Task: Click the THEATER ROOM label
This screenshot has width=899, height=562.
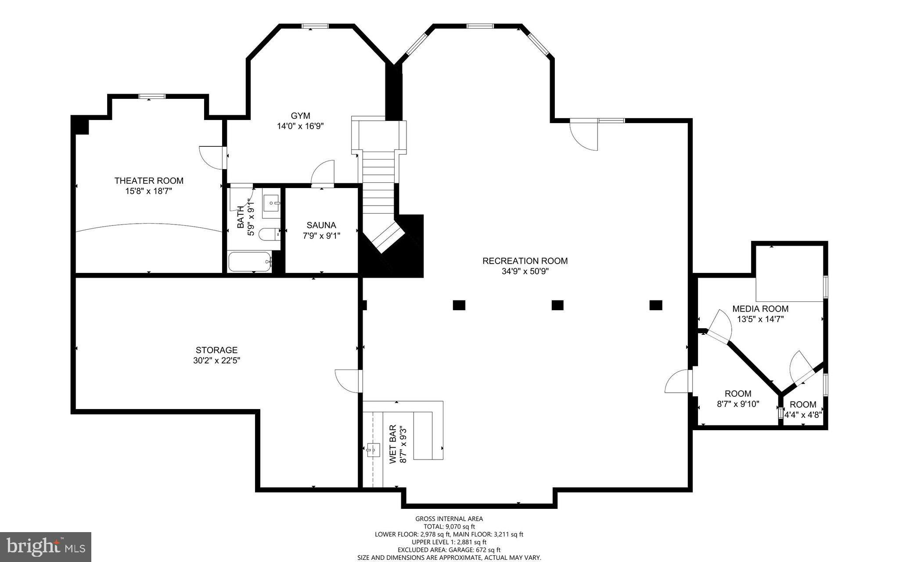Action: tap(149, 181)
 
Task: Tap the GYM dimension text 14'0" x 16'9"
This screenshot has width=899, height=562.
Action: tap(300, 126)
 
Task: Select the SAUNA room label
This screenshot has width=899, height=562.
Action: tap(321, 225)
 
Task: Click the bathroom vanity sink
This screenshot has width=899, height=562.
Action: tap(272, 203)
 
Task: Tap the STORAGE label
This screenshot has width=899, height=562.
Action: tap(216, 350)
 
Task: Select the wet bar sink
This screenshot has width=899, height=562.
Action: tap(373, 450)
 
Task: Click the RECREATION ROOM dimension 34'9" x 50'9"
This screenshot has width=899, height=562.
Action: tap(525, 272)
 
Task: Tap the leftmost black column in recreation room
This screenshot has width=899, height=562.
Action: tap(459, 305)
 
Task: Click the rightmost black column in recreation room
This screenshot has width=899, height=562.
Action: tap(655, 305)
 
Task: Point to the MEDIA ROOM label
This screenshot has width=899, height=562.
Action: tap(760, 308)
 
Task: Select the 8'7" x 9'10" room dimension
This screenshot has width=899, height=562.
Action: tap(738, 404)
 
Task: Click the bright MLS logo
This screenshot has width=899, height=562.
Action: tap(46, 547)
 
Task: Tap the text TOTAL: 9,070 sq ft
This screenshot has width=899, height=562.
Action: tap(449, 526)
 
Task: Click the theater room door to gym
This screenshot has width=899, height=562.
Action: tap(213, 157)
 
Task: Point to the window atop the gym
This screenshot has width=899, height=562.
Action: tap(315, 26)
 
